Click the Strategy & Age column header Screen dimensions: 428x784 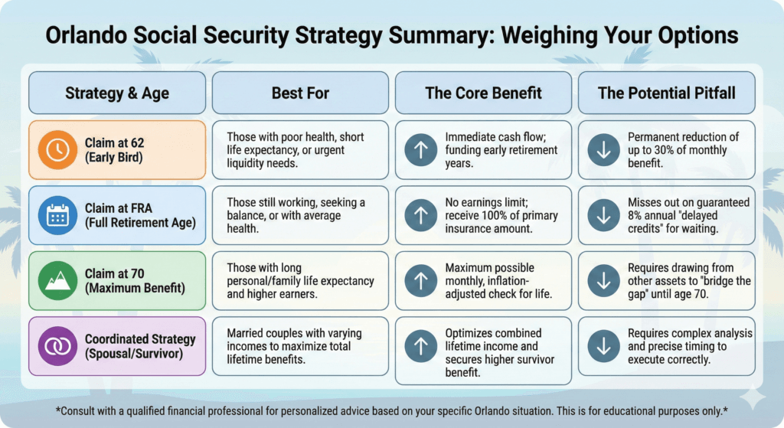click(x=117, y=93)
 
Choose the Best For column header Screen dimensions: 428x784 click(x=300, y=93)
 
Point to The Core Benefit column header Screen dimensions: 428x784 click(x=483, y=93)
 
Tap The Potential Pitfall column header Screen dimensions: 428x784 click(x=666, y=93)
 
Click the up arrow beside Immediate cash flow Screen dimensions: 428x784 click(x=420, y=150)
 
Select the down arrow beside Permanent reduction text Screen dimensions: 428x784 click(x=603, y=150)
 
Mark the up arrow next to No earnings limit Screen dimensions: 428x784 click(x=420, y=216)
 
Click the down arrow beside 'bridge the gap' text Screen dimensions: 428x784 click(x=603, y=281)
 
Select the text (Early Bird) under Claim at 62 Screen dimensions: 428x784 click(x=114, y=158)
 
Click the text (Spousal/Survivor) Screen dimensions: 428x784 click(x=134, y=354)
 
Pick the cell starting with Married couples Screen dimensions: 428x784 click(x=300, y=346)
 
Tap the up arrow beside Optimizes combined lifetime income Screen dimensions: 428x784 click(x=420, y=346)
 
